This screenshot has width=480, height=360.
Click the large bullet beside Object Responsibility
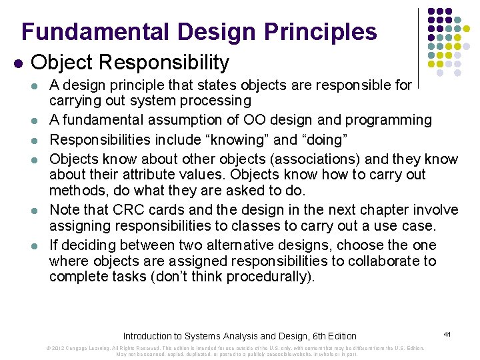(19, 63)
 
